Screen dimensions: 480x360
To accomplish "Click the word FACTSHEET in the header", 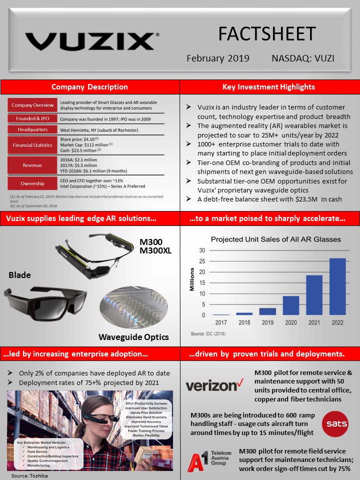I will [x=267, y=34].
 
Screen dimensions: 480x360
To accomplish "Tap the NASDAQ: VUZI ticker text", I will [x=303, y=58].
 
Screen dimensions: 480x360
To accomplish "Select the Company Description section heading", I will [x=89, y=87].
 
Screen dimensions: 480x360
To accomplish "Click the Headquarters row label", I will [x=32, y=129].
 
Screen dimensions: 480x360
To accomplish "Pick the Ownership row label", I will [x=32, y=183].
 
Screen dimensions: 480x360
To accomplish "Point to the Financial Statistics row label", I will [x=32, y=145].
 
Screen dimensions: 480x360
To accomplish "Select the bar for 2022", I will [x=337, y=286].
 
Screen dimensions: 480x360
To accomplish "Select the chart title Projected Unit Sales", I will [x=275, y=239].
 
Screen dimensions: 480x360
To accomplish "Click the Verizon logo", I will [x=211, y=385].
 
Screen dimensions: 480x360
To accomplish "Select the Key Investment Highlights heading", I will [x=268, y=87].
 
